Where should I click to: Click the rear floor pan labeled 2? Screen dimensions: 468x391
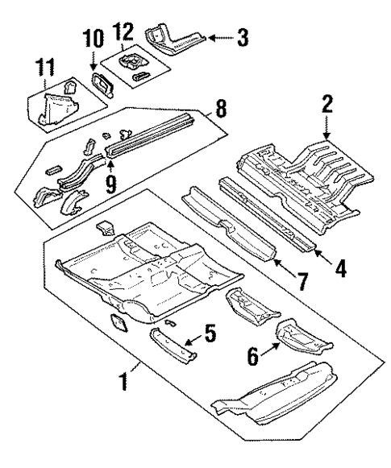298,173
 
